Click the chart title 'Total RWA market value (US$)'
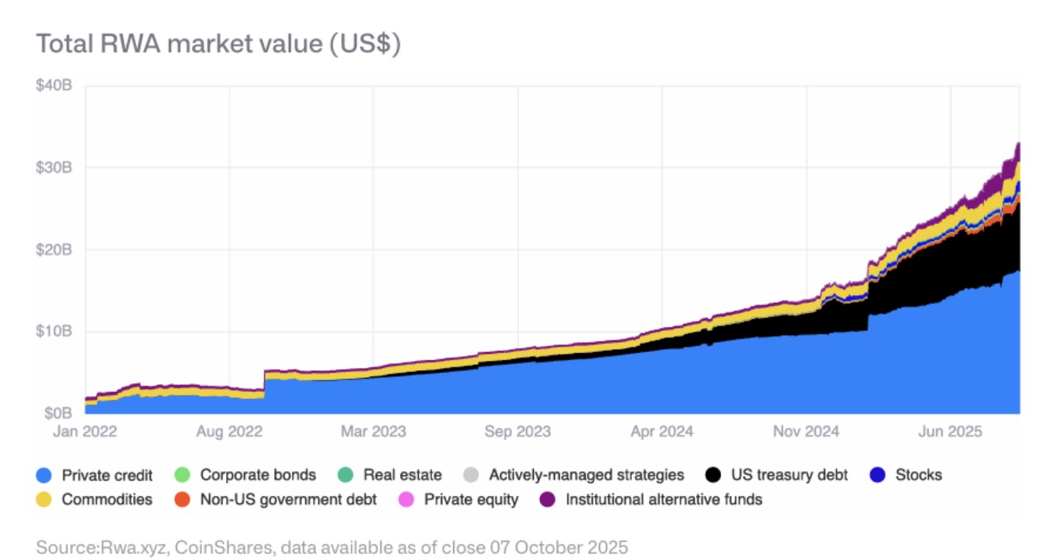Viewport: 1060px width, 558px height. pos(218,44)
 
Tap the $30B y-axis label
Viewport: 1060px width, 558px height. pos(54,167)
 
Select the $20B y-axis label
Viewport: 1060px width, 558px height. pos(54,250)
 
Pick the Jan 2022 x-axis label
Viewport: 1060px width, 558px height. pos(85,431)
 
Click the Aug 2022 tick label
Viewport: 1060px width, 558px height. pos(229,431)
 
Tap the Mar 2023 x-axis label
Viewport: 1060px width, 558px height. pos(373,431)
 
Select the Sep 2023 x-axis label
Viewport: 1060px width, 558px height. pos(517,431)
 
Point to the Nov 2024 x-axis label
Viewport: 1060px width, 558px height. pos(806,431)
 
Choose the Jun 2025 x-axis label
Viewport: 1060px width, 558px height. pos(950,431)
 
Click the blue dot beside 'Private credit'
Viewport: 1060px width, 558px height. pos(45,475)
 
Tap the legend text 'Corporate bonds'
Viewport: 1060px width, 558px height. pos(258,475)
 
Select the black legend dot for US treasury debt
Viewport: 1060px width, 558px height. pos(712,475)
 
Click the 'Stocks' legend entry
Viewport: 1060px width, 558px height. pos(918,475)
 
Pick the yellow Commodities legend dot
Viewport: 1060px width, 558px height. pos(45,499)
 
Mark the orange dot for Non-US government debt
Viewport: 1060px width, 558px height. pos(182,499)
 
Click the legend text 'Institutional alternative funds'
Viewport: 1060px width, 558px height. pos(664,499)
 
